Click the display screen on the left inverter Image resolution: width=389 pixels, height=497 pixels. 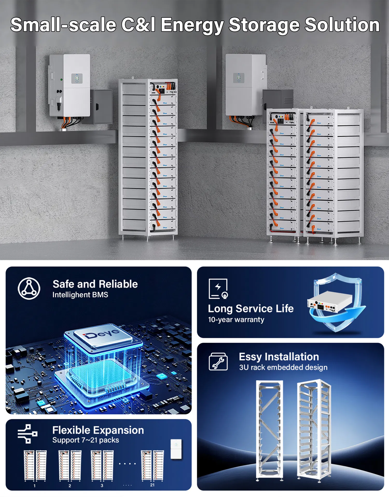77,78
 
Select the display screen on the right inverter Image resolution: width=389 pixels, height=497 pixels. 239,78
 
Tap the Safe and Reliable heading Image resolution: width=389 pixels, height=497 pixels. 95,284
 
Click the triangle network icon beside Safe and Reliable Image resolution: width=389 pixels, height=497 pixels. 29,288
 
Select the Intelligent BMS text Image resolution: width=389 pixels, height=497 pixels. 80,295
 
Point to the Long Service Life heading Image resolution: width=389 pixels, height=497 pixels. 251,309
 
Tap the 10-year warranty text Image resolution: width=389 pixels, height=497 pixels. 236,320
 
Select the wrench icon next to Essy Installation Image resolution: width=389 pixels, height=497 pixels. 218,362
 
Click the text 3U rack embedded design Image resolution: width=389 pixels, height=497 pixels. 283,367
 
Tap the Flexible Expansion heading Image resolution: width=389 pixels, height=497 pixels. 98,430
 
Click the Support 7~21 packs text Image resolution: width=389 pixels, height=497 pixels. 86,440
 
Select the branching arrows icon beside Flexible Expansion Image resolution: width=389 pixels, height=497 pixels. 27,434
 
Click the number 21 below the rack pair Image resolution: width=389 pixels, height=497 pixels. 152,485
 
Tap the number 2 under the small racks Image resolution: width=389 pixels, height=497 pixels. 70,486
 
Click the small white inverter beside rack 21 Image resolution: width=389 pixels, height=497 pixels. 176,449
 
